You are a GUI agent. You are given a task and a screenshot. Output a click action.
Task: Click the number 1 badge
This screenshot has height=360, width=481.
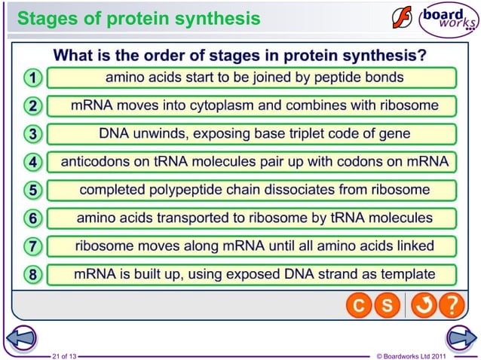click(32, 78)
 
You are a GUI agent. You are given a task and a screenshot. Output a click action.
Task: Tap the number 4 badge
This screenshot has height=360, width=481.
click(32, 162)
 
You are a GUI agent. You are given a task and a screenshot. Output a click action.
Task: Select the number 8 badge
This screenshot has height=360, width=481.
click(32, 275)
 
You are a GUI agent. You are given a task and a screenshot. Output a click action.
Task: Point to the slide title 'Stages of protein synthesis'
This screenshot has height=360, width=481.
click(139, 18)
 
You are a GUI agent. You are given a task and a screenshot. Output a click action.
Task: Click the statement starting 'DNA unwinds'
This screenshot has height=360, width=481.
click(254, 133)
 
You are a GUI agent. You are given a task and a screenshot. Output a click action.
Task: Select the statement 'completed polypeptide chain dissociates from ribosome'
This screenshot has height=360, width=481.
click(254, 189)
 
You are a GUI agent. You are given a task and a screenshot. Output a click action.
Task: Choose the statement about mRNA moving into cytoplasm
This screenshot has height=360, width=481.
click(254, 105)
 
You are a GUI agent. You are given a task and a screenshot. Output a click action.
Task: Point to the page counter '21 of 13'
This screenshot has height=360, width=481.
click(63, 355)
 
